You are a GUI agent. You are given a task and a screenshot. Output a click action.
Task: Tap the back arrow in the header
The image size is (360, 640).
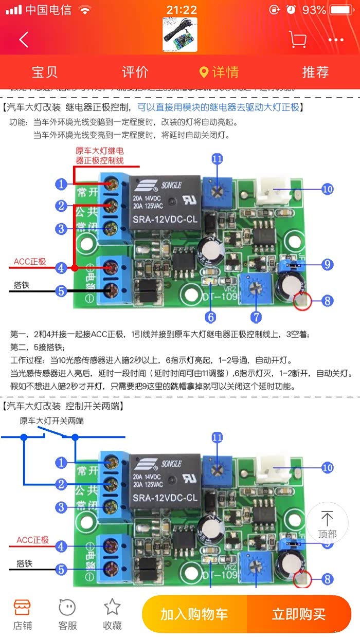pyautogui.click(x=24, y=40)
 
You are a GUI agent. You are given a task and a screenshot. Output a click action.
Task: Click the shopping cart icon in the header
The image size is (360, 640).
pyautogui.click(x=297, y=40)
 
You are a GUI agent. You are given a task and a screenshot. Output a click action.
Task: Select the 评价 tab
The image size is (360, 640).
pyautogui.click(x=135, y=72)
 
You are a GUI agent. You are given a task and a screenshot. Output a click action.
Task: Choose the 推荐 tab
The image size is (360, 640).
pyautogui.click(x=315, y=72)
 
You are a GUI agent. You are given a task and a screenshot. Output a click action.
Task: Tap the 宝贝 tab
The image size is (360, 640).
pyautogui.click(x=45, y=72)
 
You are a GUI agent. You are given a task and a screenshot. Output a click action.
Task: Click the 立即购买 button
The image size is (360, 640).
pyautogui.click(x=299, y=614)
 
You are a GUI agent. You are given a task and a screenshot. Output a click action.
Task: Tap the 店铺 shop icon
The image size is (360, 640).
pyautogui.click(x=22, y=614)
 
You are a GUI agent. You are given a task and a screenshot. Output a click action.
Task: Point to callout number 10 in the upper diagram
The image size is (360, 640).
pyautogui.click(x=328, y=189)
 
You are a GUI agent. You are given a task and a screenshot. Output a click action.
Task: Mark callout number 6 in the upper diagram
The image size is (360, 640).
pyautogui.click(x=211, y=317)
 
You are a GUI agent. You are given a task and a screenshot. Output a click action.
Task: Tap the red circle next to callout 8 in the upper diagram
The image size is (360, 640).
pyautogui.click(x=302, y=301)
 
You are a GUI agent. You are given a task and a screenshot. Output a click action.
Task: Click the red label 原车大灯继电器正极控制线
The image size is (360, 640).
pyautogui.click(x=100, y=156)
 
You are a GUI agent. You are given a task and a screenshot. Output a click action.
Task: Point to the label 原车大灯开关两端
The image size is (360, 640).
pyautogui.click(x=51, y=420)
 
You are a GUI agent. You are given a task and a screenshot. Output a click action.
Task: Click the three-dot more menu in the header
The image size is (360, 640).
pyautogui.click(x=336, y=40)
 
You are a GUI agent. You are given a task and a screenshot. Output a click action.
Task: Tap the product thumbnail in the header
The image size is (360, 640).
pyautogui.click(x=180, y=35)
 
